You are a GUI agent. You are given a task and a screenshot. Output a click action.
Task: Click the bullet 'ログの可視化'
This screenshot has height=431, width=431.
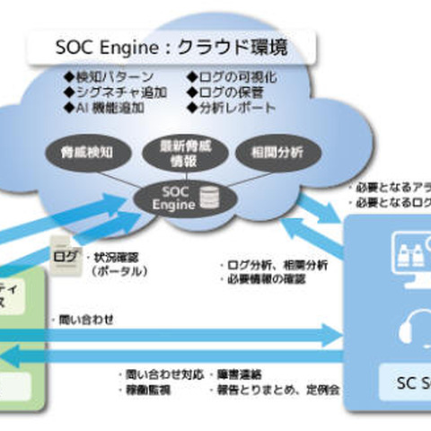tap(236, 77)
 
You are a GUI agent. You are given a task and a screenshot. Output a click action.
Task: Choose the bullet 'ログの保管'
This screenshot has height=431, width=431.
tap(231, 92)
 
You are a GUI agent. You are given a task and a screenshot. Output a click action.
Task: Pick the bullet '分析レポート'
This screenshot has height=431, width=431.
tap(236, 106)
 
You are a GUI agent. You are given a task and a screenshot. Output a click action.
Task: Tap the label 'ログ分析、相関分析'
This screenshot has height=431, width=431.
tap(274, 265)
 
